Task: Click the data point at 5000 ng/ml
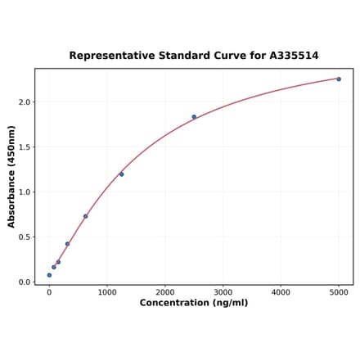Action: (338, 79)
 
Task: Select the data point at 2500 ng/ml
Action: (194, 117)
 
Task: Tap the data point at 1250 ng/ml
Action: (121, 174)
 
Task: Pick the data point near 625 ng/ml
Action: (85, 216)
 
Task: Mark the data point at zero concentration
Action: (49, 275)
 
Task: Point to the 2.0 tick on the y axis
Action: (24, 102)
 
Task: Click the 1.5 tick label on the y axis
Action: (24, 147)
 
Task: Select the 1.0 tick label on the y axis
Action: (24, 192)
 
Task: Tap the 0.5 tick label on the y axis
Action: (24, 237)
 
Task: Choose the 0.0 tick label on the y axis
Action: (24, 282)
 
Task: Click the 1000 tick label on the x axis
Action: (107, 292)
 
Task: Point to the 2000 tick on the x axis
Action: (165, 292)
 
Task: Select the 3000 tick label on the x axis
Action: (223, 292)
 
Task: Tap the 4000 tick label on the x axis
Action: (281, 292)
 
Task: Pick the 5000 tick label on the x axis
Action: (339, 292)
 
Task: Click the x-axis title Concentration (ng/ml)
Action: (194, 304)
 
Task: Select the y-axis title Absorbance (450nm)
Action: (11, 176)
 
